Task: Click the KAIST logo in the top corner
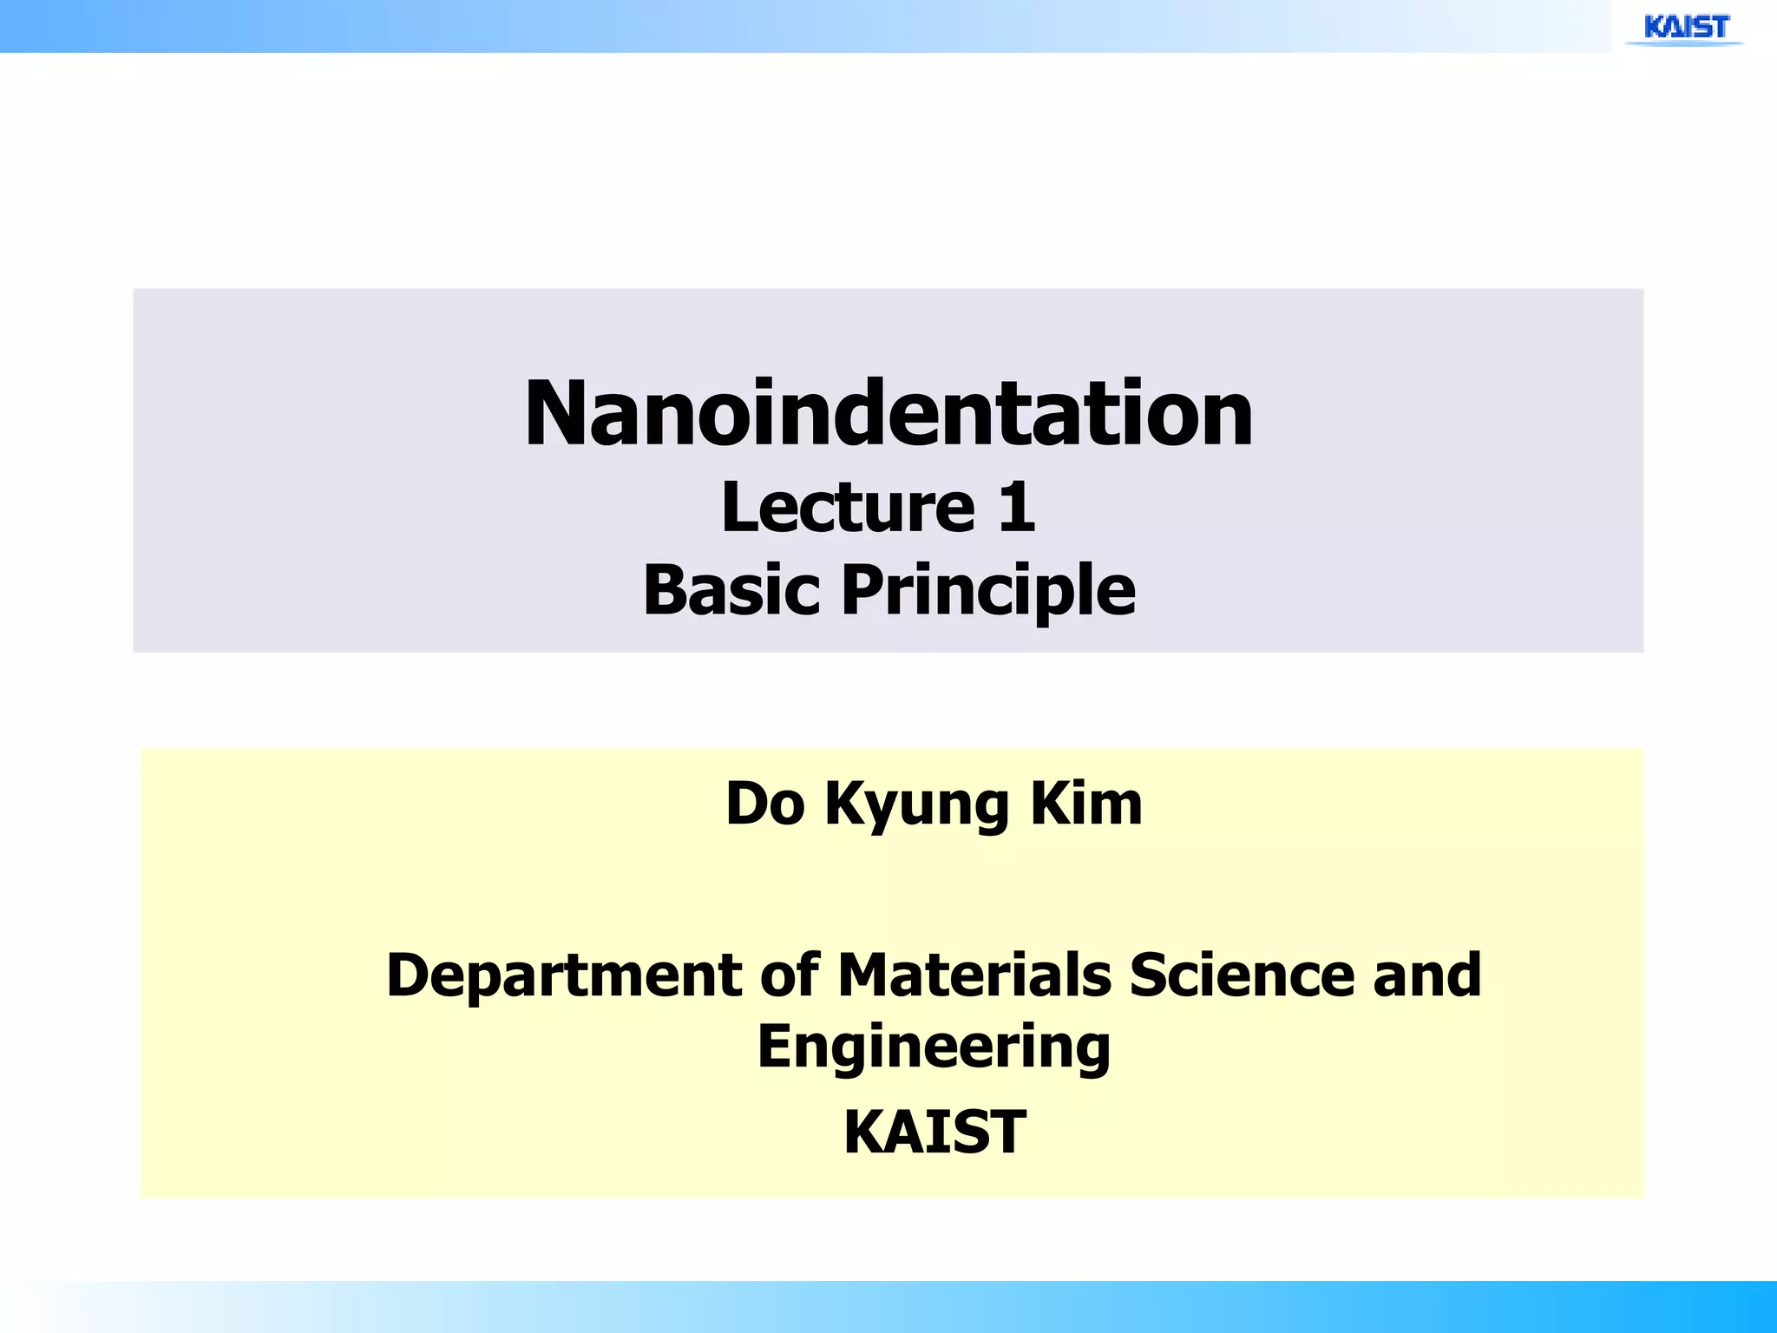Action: point(1686,28)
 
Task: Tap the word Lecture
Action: point(848,507)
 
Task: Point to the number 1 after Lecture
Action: point(1016,507)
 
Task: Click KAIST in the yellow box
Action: point(934,1132)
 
